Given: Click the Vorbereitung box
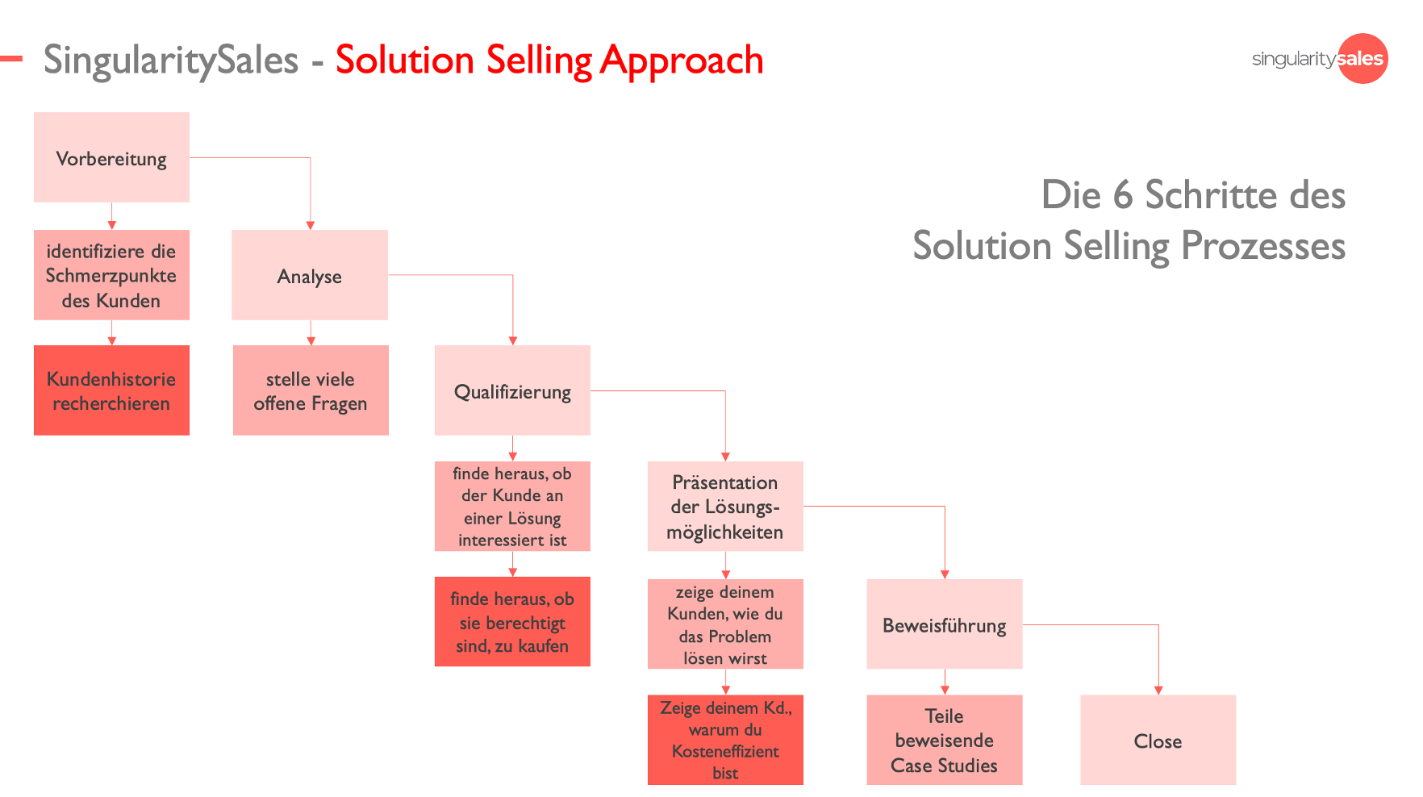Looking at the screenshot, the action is pyautogui.click(x=111, y=157).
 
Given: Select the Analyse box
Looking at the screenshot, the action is pyautogui.click(x=310, y=275).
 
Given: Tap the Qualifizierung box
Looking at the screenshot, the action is pyautogui.click(x=512, y=390).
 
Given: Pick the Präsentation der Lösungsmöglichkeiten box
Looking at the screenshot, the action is pyautogui.click(x=725, y=507).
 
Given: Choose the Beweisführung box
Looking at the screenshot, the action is pyautogui.click(x=945, y=624).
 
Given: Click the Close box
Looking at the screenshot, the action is pyautogui.click(x=1158, y=740).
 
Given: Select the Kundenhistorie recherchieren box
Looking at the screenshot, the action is pyautogui.click(x=111, y=390).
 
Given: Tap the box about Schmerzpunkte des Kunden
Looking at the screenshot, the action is pyautogui.click(x=111, y=275).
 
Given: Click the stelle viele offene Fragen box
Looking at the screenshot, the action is pyautogui.click(x=311, y=390).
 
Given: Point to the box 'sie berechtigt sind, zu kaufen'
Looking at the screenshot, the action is pyautogui.click(x=512, y=622).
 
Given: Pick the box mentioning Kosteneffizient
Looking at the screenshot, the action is pyautogui.click(x=725, y=740).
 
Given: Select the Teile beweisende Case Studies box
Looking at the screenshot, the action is pyautogui.click(x=945, y=740).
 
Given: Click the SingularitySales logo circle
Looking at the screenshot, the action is pyautogui.click(x=1362, y=58).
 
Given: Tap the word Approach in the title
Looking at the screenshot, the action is pyautogui.click(x=682, y=61).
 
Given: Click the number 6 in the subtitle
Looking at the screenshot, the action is pyautogui.click(x=1123, y=195).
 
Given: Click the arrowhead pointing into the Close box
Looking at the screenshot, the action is pyautogui.click(x=1158, y=691).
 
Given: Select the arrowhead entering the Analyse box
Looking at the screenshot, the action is pyautogui.click(x=310, y=226).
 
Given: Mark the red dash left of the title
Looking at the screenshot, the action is pyautogui.click(x=11, y=58).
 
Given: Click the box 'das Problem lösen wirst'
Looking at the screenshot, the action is pyautogui.click(x=725, y=624).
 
